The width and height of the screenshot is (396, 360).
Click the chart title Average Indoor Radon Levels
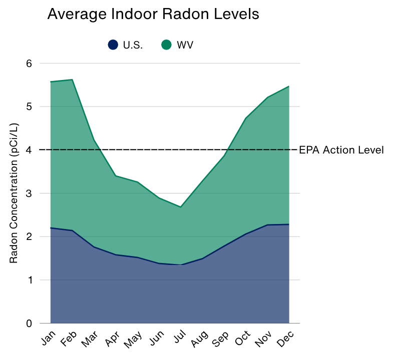(x=153, y=14)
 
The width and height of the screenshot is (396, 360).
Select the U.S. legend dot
(x=113, y=45)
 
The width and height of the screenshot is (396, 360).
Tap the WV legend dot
(x=166, y=45)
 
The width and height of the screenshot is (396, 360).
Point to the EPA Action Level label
(x=341, y=150)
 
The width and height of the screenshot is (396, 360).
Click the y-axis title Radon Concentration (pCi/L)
(x=14, y=193)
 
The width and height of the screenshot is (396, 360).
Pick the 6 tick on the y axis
(x=29, y=63)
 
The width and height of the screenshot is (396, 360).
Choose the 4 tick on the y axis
(x=29, y=150)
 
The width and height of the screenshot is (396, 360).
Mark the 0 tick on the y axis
(x=29, y=323)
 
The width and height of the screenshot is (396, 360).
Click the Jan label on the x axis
(x=48, y=337)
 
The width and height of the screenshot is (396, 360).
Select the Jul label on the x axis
(x=180, y=336)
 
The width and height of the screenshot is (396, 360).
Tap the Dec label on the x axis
(x=285, y=338)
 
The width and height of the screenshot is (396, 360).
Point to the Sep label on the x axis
(x=220, y=339)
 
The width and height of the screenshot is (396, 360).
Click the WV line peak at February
(x=73, y=79)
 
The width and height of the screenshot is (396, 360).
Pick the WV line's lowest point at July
(x=181, y=207)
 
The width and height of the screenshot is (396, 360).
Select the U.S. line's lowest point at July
(x=181, y=264)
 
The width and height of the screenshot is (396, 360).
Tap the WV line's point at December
(x=289, y=86)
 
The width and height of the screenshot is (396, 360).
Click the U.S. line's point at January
(x=51, y=228)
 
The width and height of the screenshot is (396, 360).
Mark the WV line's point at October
(x=245, y=118)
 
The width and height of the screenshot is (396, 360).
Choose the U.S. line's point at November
(x=267, y=225)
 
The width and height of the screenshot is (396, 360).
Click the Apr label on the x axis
(x=112, y=338)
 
